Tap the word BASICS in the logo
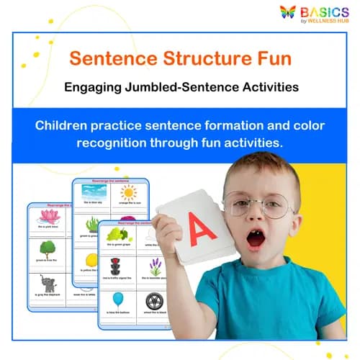(325, 11)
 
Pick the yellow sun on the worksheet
(128, 192)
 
